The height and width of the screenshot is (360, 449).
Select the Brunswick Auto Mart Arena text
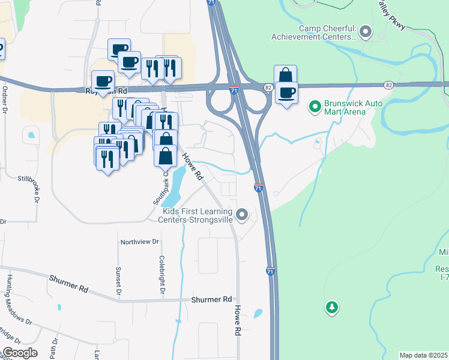point(354,107)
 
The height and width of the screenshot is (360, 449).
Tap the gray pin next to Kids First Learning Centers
point(243,214)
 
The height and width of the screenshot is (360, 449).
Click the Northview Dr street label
point(140,242)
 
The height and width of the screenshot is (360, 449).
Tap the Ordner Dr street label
point(5,100)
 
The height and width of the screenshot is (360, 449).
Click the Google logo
point(20,353)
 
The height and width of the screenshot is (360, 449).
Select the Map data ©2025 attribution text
point(424,355)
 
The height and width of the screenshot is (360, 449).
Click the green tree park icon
point(331,308)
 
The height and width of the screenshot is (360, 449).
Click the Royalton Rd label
point(107,91)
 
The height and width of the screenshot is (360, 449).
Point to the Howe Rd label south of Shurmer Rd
point(238,320)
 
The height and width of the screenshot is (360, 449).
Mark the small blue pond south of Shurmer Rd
point(258,313)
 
